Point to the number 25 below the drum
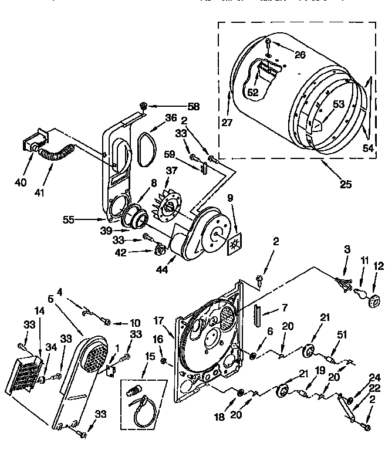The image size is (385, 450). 345,184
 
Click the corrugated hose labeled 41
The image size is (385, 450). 56,154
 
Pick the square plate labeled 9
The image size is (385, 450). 234,242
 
